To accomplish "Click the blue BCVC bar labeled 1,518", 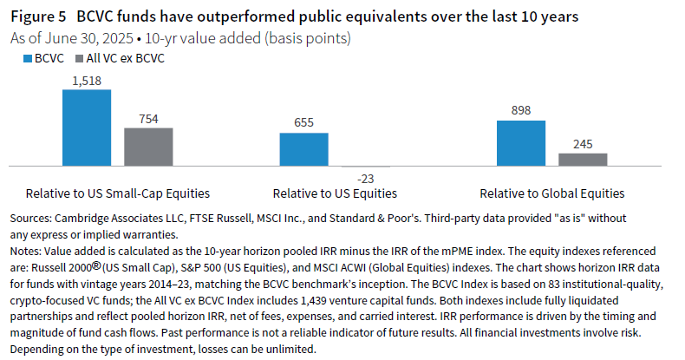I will pyautogui.click(x=87, y=128).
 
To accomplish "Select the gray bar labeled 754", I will pyautogui.click(x=148, y=147).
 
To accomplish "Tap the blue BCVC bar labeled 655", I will pyautogui.click(x=303, y=149).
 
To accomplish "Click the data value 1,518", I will pyautogui.click(x=87, y=81).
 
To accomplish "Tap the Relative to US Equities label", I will pyautogui.click(x=335, y=193).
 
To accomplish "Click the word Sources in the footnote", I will pyautogui.click(x=28, y=217).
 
